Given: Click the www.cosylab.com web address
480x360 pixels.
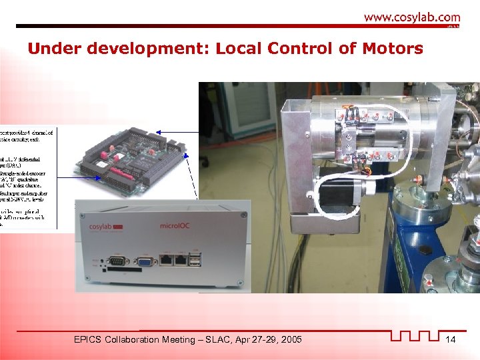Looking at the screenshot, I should pos(411,17).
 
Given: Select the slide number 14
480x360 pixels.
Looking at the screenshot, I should pos(451,340).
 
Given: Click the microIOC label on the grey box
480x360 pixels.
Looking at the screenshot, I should pos(175,227).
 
